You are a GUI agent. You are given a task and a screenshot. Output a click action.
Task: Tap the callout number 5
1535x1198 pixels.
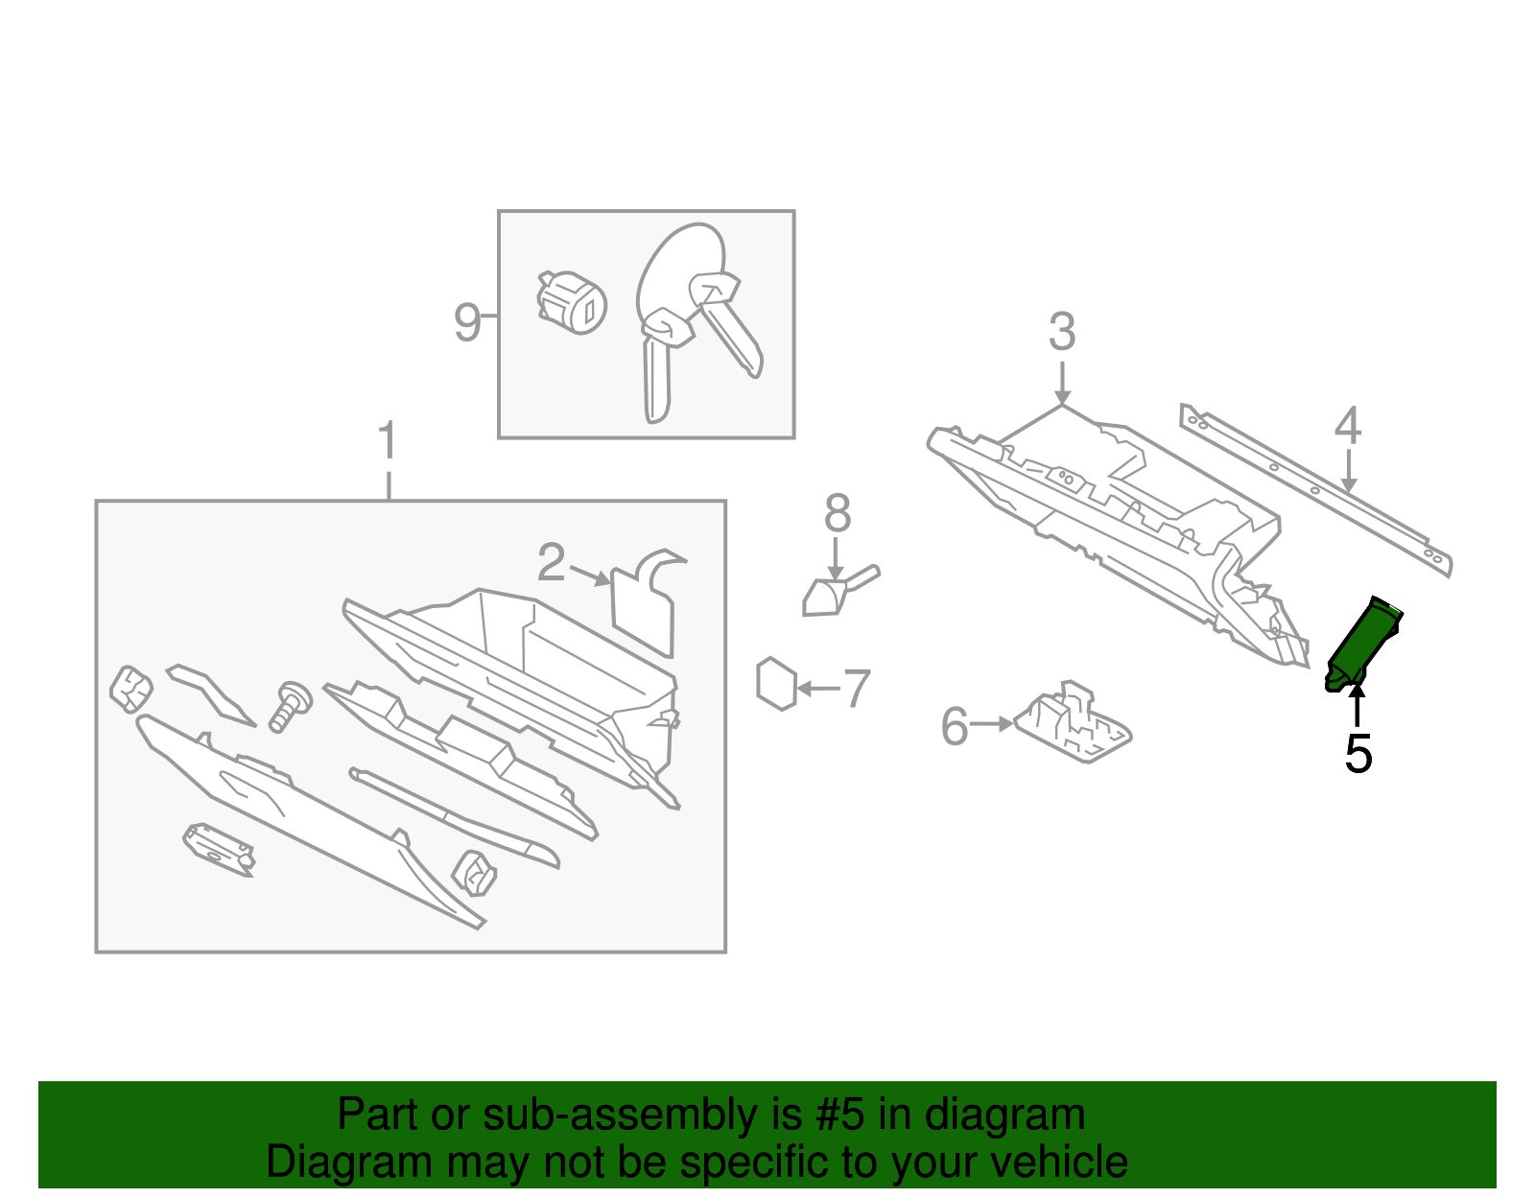point(1358,754)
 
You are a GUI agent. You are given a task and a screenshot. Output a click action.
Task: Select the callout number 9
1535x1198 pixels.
point(466,322)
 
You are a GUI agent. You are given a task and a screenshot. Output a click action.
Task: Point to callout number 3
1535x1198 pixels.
point(1061,332)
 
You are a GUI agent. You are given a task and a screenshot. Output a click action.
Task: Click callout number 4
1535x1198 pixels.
point(1348,426)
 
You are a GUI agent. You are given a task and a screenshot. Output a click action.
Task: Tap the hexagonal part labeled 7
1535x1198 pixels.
point(776,684)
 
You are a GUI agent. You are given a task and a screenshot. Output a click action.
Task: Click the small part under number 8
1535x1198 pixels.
point(828,595)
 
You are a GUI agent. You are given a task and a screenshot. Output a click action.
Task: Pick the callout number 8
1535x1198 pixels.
point(837,514)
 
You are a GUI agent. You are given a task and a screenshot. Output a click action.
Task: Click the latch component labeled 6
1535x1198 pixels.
point(1074,725)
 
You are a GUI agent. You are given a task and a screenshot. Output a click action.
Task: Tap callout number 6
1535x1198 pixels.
point(955,726)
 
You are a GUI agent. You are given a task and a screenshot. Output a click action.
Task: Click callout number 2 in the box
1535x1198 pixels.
point(552,563)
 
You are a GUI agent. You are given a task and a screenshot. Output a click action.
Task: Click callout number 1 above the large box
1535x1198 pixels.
point(387,441)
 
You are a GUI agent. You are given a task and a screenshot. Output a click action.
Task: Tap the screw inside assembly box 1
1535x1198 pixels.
point(288,706)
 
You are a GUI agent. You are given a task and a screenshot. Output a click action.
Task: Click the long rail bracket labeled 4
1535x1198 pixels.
point(1314,489)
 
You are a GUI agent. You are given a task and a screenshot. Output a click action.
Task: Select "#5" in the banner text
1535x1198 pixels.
point(840,1116)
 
